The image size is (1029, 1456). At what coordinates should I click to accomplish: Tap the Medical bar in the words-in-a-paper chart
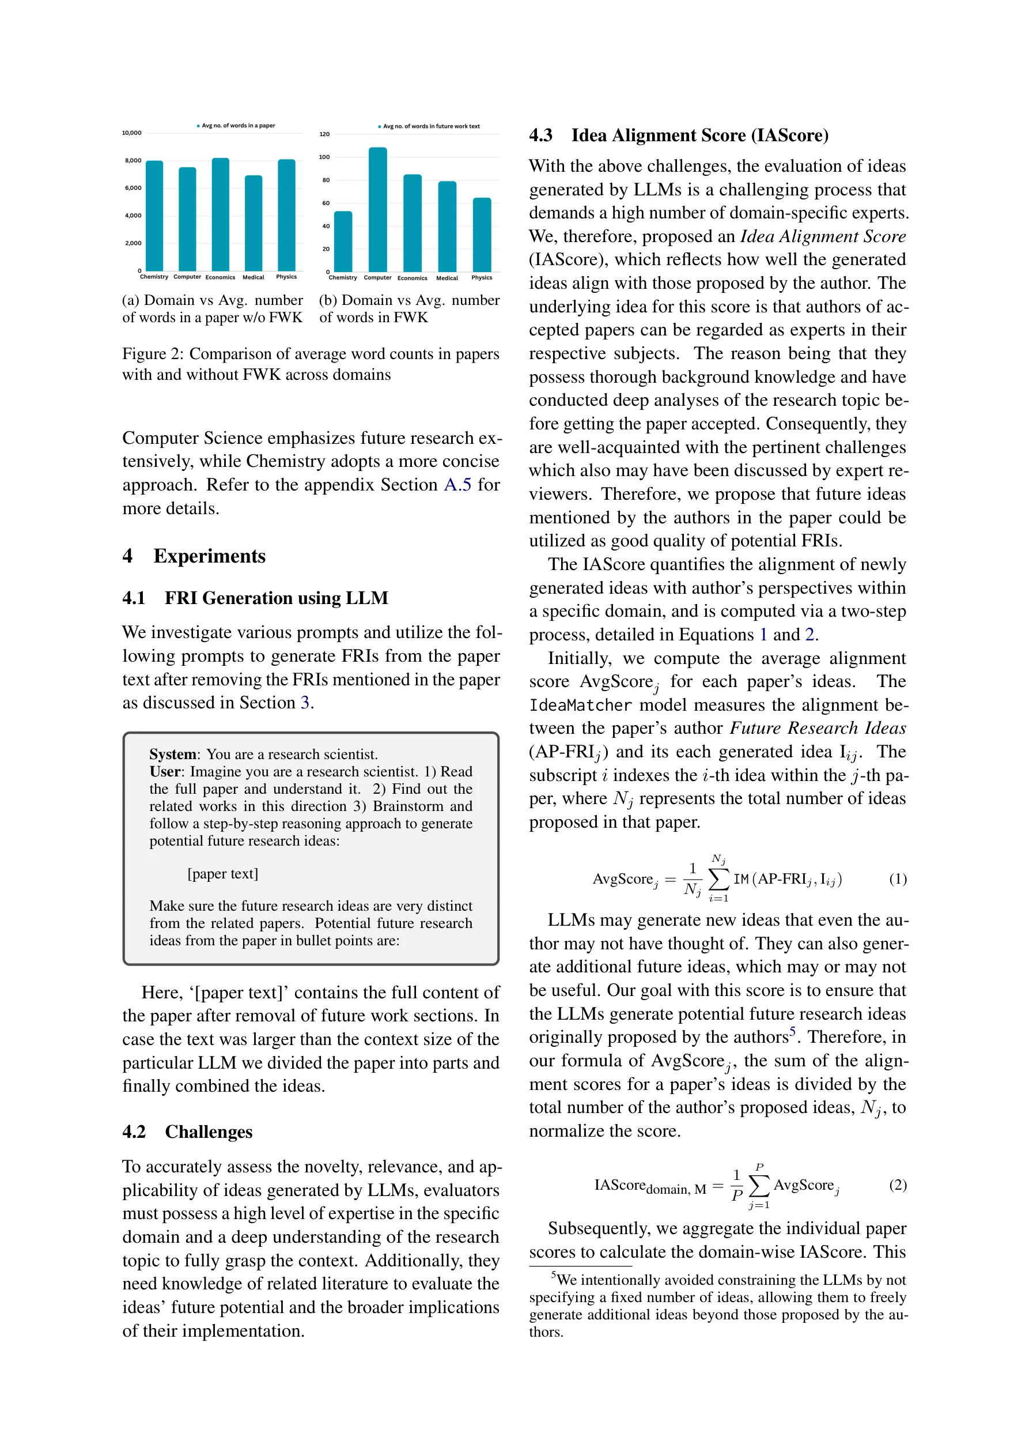pyautogui.click(x=253, y=222)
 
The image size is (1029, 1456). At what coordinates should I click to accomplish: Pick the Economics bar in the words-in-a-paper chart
pyautogui.click(x=220, y=214)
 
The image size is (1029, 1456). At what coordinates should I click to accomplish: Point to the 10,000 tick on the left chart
pyautogui.click(x=132, y=133)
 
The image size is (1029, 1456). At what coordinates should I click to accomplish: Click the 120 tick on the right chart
pyautogui.click(x=324, y=134)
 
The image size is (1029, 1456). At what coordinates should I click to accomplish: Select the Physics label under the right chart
pyautogui.click(x=481, y=278)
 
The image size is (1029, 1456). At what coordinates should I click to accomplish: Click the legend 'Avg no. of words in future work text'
pyautogui.click(x=431, y=126)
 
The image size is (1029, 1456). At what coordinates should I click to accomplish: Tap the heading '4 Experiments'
pyautogui.click(x=194, y=556)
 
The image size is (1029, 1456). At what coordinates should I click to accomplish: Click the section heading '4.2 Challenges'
pyautogui.click(x=188, y=1132)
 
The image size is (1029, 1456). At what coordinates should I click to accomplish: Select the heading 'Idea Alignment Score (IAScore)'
pyautogui.click(x=699, y=135)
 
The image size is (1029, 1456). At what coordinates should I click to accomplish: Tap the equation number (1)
pyautogui.click(x=897, y=879)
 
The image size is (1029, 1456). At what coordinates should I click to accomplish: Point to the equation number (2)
pyautogui.click(x=897, y=1185)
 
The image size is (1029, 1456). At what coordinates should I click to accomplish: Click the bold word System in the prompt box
pyautogui.click(x=172, y=754)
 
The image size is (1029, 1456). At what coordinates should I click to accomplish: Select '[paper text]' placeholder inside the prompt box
pyautogui.click(x=222, y=874)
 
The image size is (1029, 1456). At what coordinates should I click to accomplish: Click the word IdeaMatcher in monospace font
pyautogui.click(x=580, y=705)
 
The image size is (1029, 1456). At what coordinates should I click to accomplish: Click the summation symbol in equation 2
pyautogui.click(x=759, y=1185)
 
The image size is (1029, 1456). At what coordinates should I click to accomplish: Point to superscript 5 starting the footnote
pyautogui.click(x=554, y=1274)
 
